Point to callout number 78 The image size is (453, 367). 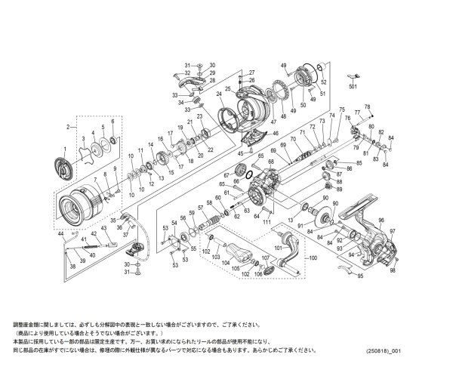click(368, 106)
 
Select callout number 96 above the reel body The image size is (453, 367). click(381, 220)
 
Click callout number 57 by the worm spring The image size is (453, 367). click(200, 207)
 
